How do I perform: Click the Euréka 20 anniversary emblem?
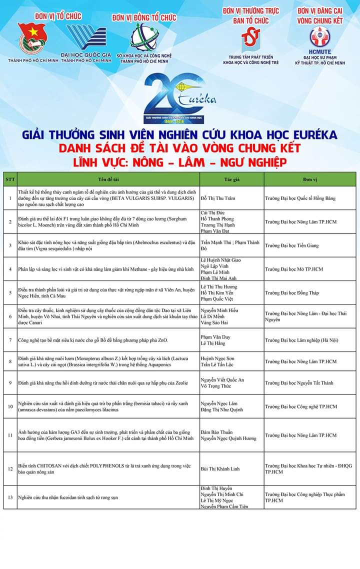pyautogui.click(x=179, y=98)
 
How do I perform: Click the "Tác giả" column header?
pyautogui.click(x=231, y=179)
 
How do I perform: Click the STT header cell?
pyautogui.click(x=10, y=179)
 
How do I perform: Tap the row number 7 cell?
pyautogui.click(x=10, y=340)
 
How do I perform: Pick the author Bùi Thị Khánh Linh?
pyautogui.click(x=220, y=469)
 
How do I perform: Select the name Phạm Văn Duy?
pyautogui.click(x=215, y=337)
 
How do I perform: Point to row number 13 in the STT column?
pyautogui.click(x=10, y=497)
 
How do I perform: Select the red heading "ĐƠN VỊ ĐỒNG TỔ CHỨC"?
pyautogui.click(x=144, y=18)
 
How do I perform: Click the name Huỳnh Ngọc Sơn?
pyautogui.click(x=217, y=358)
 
